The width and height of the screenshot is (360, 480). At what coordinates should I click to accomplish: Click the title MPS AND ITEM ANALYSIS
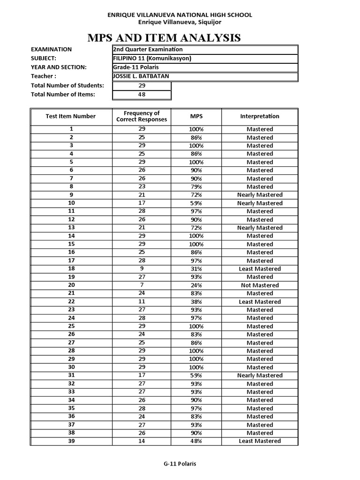[180, 37]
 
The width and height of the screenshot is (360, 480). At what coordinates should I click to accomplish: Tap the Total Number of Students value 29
[142, 86]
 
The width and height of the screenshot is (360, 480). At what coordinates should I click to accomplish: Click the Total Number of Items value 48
[142, 95]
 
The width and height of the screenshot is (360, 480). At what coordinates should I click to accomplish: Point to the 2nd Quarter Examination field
[148, 49]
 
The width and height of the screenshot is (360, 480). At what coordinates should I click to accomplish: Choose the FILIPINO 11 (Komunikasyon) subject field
[152, 59]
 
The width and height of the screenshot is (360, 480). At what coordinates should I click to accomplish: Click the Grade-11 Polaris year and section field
[136, 67]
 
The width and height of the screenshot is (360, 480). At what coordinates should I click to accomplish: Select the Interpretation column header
[260, 116]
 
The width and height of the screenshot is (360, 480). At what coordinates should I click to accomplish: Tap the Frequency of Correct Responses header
[142, 116]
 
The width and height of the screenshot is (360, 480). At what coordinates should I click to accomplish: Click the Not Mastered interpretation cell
[260, 285]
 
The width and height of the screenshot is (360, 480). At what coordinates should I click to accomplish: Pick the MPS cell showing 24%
[196, 285]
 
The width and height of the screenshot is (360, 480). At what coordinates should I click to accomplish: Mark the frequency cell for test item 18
[142, 269]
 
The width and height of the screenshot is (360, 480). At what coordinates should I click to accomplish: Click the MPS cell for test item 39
[196, 441]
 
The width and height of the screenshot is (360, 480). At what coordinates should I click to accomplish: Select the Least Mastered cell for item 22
[260, 302]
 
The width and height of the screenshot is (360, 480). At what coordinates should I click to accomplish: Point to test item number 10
[71, 203]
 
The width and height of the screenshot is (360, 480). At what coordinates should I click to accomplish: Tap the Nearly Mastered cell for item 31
[260, 375]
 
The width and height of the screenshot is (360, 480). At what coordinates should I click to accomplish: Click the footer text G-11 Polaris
[180, 464]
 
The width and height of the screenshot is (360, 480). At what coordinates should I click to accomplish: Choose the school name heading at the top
[180, 15]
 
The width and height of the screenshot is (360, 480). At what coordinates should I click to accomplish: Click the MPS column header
[196, 116]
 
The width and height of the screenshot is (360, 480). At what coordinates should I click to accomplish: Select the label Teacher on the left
[44, 76]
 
